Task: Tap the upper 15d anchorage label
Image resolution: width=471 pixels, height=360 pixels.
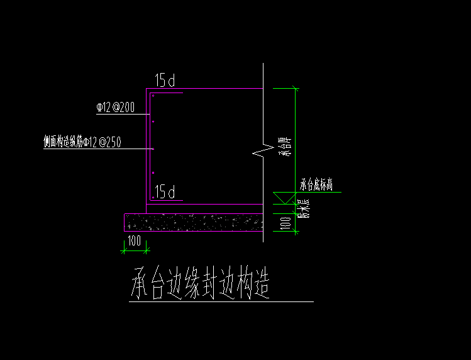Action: [x=165, y=81]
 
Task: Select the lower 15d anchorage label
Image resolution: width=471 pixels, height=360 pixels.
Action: [x=165, y=192]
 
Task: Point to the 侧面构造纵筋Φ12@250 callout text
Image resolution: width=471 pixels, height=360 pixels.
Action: [x=82, y=143]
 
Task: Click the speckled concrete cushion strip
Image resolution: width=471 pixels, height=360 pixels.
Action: [x=193, y=222]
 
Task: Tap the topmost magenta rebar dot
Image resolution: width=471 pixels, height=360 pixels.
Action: [x=153, y=96]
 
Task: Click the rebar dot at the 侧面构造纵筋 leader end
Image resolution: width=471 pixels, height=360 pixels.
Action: [x=153, y=149]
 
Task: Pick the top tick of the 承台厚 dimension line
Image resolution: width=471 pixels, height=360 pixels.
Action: [x=294, y=89]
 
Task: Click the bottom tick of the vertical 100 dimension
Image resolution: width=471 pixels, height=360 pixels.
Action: [x=294, y=231]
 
